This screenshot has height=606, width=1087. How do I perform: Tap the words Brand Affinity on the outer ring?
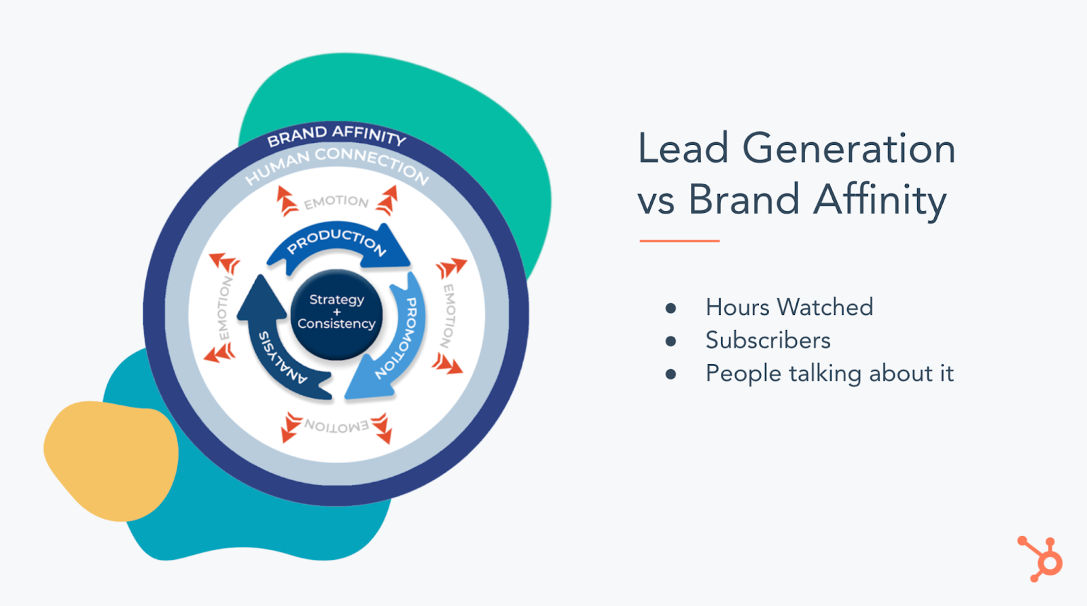[336, 135]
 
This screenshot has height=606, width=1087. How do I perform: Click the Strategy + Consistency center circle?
[337, 314]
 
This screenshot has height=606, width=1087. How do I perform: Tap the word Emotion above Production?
[336, 202]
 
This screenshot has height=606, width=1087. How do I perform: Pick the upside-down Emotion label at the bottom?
[336, 426]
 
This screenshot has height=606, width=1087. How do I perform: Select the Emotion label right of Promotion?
[448, 316]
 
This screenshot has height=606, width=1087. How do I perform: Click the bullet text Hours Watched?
[789, 307]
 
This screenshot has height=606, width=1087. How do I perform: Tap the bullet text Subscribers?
[768, 340]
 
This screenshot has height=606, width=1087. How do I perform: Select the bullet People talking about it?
[830, 373]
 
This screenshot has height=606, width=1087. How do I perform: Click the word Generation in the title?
[849, 148]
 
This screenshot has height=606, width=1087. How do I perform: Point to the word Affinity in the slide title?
[880, 199]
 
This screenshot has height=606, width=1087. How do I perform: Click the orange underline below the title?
[679, 241]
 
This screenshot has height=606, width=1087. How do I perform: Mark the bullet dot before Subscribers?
[671, 341]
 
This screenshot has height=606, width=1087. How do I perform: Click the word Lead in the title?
[683, 148]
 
